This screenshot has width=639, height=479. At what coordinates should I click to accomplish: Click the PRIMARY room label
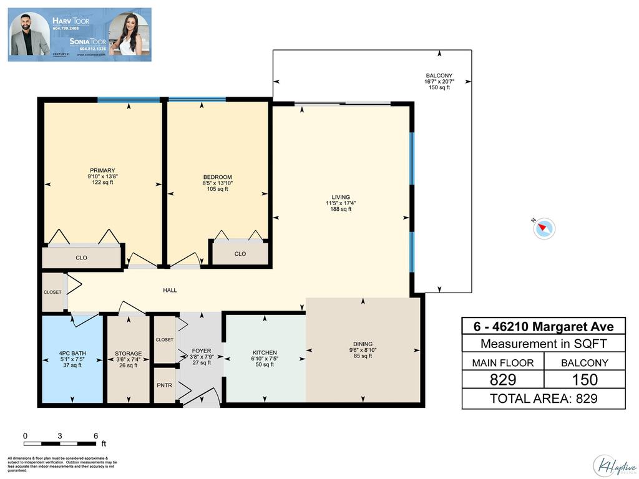tap(102, 170)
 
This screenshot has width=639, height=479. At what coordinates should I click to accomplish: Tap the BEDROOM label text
tap(217, 177)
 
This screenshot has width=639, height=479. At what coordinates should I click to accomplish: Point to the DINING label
tap(363, 344)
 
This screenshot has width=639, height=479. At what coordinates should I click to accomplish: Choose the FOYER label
tap(201, 351)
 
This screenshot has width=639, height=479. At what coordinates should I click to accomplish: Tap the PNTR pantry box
tap(165, 385)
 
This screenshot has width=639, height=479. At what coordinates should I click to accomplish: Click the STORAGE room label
tap(128, 354)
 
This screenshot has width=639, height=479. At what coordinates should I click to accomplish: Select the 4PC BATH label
tap(72, 354)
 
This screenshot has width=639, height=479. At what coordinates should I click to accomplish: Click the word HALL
tap(170, 291)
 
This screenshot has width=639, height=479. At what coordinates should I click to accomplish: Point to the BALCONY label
tap(439, 76)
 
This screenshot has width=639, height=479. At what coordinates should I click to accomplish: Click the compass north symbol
tap(544, 228)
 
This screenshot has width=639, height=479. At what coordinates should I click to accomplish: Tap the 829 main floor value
tap(502, 379)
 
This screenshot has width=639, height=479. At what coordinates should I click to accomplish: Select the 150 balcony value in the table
tap(584, 379)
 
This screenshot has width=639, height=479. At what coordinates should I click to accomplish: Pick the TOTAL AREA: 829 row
tap(543, 399)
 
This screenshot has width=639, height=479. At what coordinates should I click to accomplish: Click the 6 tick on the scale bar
tap(95, 436)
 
